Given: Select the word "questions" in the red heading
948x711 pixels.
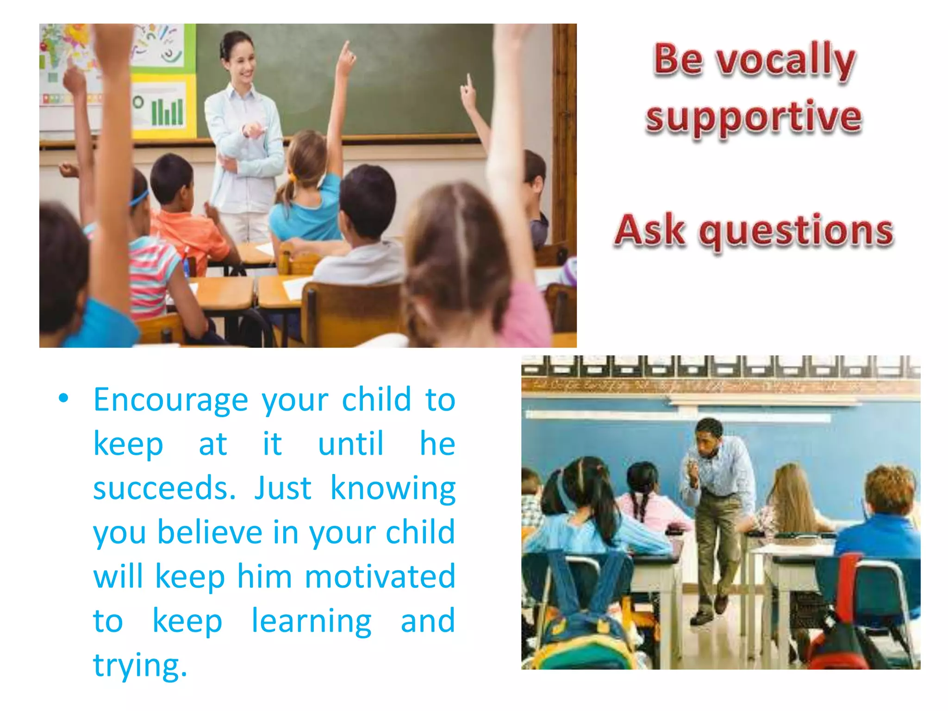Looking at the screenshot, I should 796,231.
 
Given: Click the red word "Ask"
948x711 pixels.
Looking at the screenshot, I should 650,230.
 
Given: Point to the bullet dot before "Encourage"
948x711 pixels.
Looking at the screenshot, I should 63,399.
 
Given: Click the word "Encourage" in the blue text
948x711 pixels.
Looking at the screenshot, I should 171,399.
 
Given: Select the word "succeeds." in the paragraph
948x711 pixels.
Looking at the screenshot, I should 164,488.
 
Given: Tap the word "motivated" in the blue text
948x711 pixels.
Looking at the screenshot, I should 380,577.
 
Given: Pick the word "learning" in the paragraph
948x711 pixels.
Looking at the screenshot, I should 311,621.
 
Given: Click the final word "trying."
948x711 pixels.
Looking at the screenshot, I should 140,666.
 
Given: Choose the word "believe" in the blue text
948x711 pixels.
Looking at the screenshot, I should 210,532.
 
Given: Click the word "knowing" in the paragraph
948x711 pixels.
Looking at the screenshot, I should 393,489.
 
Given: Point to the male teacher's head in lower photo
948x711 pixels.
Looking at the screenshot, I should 708,437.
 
